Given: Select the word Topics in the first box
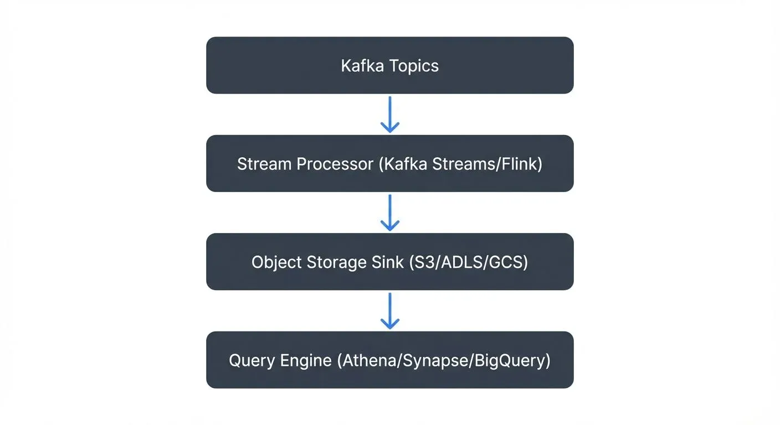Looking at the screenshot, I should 414,66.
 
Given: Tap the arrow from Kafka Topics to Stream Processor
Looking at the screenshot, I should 390,115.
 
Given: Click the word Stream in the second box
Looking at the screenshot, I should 264,164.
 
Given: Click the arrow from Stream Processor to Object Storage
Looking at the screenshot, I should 390,212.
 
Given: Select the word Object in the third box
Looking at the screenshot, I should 275,262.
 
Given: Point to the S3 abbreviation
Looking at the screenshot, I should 423,262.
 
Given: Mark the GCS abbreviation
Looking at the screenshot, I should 506,262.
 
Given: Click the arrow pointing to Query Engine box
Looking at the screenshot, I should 390,311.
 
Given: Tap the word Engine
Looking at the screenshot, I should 304,360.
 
